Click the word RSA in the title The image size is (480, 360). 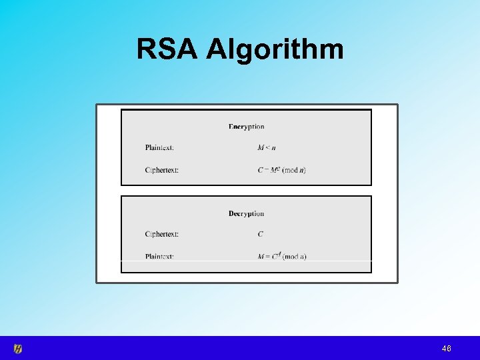(167, 49)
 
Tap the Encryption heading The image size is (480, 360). (246, 126)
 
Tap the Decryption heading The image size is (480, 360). (246, 213)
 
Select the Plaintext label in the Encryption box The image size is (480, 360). (159, 147)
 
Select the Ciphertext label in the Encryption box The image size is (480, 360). (162, 170)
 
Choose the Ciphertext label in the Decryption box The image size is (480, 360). (162, 234)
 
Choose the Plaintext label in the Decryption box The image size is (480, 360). (159, 256)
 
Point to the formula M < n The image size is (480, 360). (267, 147)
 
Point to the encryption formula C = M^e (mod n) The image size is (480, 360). (281, 170)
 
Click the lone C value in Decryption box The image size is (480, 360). (261, 234)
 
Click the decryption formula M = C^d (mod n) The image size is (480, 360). (281, 256)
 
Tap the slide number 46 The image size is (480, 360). (446, 349)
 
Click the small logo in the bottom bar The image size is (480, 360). (19, 349)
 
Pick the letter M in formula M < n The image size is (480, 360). (261, 147)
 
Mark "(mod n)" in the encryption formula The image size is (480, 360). (294, 170)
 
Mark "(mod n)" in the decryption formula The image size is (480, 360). (294, 257)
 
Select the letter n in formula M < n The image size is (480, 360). (273, 148)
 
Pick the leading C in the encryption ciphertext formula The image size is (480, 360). (261, 170)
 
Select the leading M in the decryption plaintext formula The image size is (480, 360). (261, 257)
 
